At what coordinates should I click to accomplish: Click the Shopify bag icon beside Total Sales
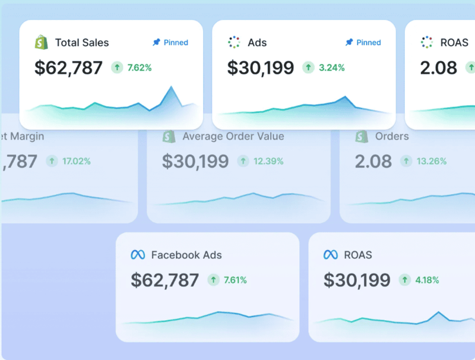click(x=41, y=42)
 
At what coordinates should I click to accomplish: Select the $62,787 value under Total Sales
click(x=68, y=68)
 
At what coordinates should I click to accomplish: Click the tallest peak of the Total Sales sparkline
click(x=172, y=87)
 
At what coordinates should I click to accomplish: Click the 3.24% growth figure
click(x=332, y=68)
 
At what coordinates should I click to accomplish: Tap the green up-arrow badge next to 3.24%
click(x=308, y=68)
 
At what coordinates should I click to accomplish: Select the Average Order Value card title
click(x=233, y=137)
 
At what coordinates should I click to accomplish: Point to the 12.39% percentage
click(x=269, y=161)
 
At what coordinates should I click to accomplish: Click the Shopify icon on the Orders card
click(x=362, y=137)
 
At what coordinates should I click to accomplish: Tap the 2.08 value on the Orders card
click(x=373, y=161)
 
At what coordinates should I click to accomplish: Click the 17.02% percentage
click(x=76, y=161)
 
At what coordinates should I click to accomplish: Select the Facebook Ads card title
click(x=186, y=255)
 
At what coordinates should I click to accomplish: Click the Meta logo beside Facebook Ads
click(x=138, y=255)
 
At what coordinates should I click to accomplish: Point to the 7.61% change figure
click(x=235, y=280)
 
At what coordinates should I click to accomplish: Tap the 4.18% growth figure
click(x=427, y=280)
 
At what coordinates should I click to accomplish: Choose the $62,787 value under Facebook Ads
click(x=165, y=280)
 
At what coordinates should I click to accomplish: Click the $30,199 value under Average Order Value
click(x=195, y=161)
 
